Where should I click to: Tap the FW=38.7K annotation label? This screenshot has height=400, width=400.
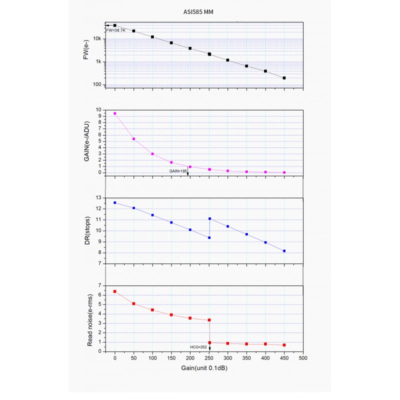[116, 31]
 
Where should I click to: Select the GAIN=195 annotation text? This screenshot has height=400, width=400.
[177, 170]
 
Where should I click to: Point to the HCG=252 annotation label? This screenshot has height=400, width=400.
[199, 345]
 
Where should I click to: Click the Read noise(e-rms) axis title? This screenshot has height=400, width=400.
[90, 318]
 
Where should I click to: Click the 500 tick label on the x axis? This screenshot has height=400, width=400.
[302, 358]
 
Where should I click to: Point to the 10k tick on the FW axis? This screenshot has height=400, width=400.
[97, 38]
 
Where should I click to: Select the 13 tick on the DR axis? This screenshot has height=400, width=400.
[98, 198]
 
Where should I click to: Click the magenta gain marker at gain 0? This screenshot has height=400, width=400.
[115, 113]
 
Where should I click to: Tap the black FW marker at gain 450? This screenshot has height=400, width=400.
[284, 78]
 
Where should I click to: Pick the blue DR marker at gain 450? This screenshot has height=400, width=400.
[284, 251]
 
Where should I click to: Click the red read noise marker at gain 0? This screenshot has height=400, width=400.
[115, 291]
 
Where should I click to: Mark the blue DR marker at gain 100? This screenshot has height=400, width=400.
[152, 215]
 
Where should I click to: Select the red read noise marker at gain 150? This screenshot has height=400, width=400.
[171, 314]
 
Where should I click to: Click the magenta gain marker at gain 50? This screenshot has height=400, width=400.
[133, 139]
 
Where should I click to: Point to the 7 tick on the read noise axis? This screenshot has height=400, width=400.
[100, 285]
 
